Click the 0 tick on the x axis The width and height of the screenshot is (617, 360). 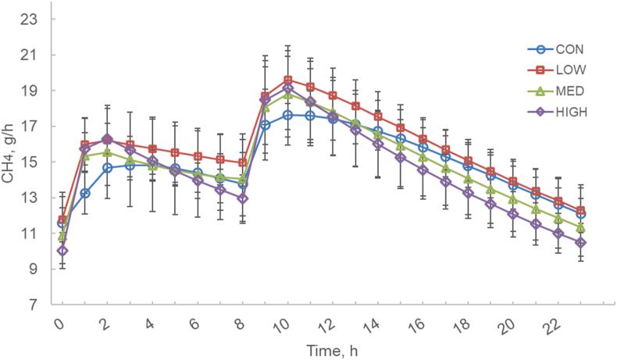click(60, 321)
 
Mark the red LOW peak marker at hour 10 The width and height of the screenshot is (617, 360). click(288, 80)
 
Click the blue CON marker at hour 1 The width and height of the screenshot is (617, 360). click(84, 193)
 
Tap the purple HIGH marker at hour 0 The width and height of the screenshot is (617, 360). click(62, 251)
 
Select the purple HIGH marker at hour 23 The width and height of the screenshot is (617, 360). click(580, 243)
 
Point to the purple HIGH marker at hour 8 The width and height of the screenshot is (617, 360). click(243, 198)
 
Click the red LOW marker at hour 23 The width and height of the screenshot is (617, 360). click(580, 211)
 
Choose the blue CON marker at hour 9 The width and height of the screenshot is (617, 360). click(266, 125)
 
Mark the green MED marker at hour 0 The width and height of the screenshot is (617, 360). click(62, 236)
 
